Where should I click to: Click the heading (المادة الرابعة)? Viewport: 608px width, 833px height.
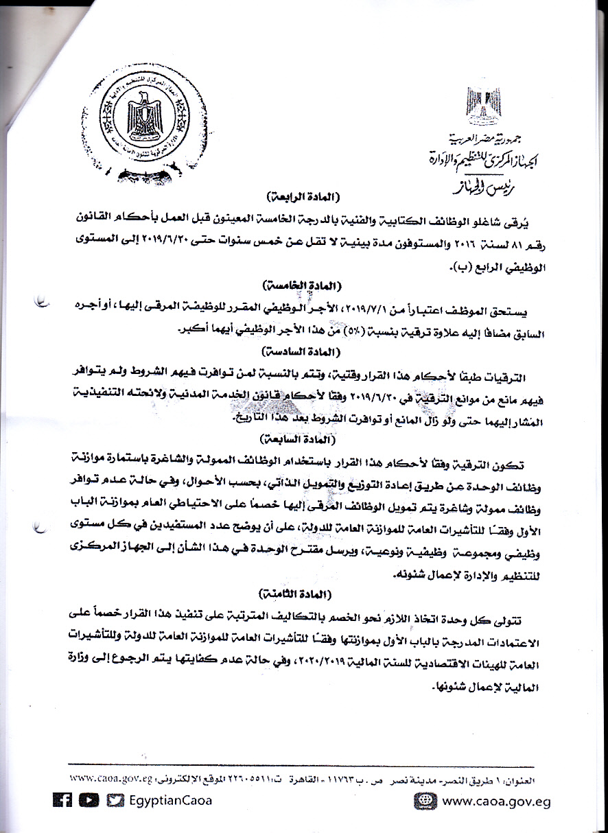tap(303, 198)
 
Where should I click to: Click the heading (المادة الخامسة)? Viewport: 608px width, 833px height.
tap(303, 284)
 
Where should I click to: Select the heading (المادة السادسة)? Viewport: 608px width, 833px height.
tap(303, 352)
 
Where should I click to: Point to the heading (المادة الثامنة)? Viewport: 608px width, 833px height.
tap(303, 591)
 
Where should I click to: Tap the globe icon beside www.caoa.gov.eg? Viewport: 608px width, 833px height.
tap(425, 801)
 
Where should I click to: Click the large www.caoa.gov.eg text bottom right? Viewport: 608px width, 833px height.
tap(495, 801)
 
